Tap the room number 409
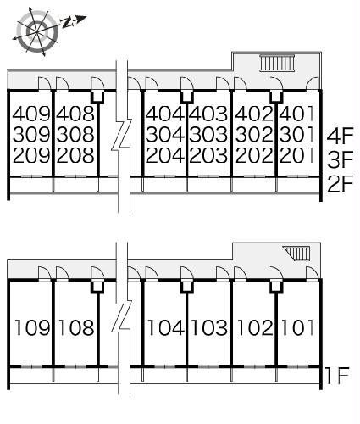point(31,114)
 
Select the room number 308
point(75,134)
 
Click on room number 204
point(165,155)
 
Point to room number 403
point(208,114)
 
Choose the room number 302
point(254,134)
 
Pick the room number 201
point(296,155)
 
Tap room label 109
point(32,327)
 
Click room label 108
point(76,327)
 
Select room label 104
point(166,327)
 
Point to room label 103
point(209,327)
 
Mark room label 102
point(255,327)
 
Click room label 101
point(297,327)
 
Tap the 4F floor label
point(341,136)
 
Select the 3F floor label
point(341,159)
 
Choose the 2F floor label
point(341,184)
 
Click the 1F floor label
point(337,376)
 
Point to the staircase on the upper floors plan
point(278,63)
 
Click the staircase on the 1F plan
point(297,253)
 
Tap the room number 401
point(296,114)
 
